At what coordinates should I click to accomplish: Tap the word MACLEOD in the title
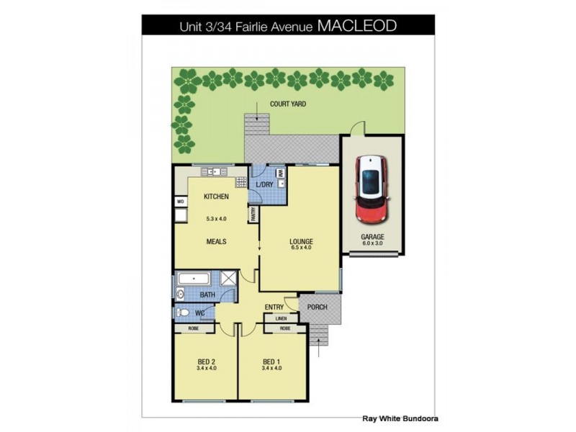tap(357, 27)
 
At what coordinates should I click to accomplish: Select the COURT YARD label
tap(288, 104)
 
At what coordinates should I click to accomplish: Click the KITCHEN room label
tap(216, 197)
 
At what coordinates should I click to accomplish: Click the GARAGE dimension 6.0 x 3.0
tap(372, 243)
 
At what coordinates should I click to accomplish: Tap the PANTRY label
tap(253, 214)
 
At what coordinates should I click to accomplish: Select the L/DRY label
tap(265, 185)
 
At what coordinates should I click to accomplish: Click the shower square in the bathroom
tap(229, 279)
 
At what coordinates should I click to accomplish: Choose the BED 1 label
tap(271, 361)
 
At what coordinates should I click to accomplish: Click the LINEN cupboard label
tap(281, 318)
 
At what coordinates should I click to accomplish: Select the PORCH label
tap(317, 307)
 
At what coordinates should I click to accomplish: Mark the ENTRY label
tap(274, 307)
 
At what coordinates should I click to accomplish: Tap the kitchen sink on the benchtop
tap(215, 171)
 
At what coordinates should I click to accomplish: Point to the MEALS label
tap(216, 242)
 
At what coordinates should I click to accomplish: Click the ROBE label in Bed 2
tap(194, 328)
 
